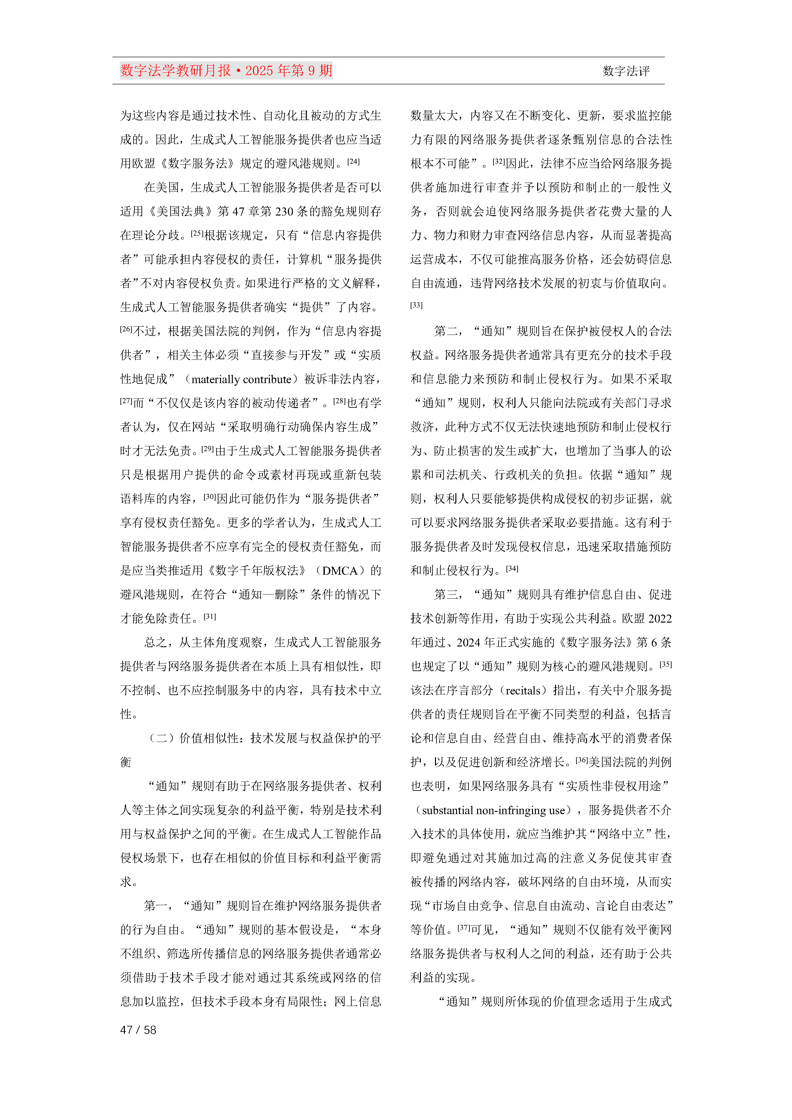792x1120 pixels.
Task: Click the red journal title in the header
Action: pyautogui.click(x=226, y=71)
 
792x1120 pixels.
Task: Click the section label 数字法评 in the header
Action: pyautogui.click(x=626, y=71)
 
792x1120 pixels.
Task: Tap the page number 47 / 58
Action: pyautogui.click(x=138, y=1030)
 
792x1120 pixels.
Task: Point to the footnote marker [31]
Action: pyautogui.click(x=210, y=616)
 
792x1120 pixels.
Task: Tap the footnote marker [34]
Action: pyautogui.click(x=512, y=568)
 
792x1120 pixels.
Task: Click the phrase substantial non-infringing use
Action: pyautogui.click(x=493, y=810)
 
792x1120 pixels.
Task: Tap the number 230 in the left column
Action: pyautogui.click(x=284, y=212)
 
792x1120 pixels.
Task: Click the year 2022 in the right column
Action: pyautogui.click(x=660, y=618)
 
